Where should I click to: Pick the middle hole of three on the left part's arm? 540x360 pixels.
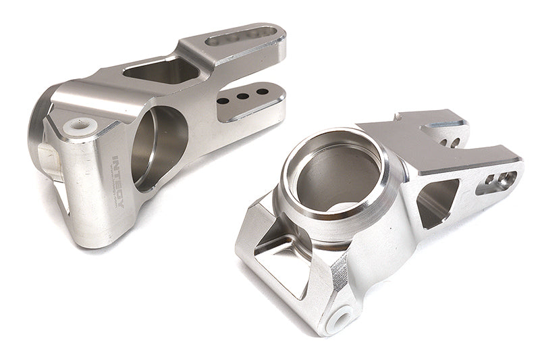click(x=241, y=97)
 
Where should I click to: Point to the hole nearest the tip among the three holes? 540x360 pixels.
click(x=259, y=93)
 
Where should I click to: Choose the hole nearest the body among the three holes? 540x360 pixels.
click(x=223, y=101)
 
